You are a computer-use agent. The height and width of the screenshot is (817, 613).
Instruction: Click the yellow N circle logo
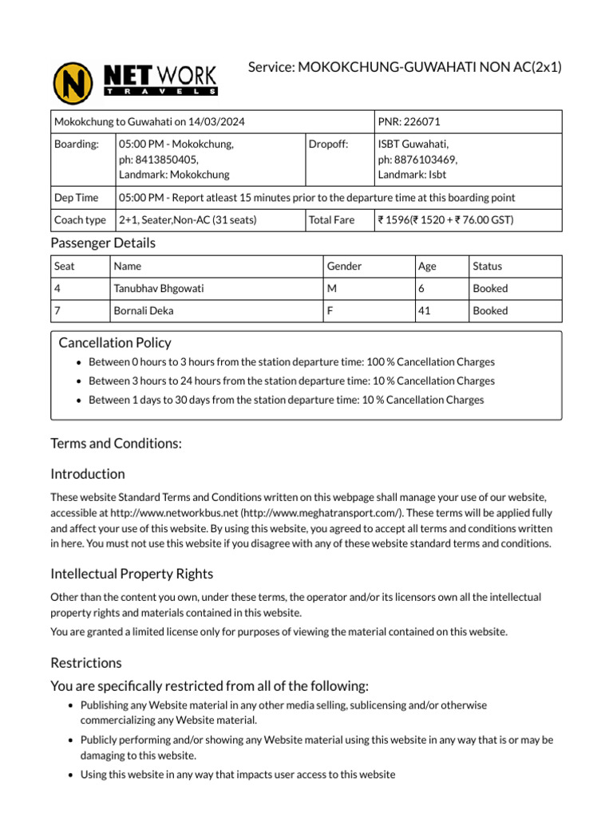click(73, 83)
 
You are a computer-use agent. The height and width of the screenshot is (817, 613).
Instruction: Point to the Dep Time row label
click(76, 198)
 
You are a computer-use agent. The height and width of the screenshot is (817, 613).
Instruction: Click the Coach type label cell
click(80, 220)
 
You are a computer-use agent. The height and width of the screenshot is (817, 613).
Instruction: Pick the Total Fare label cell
click(332, 220)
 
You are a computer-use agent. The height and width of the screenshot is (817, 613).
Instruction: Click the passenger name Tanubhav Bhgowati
click(159, 289)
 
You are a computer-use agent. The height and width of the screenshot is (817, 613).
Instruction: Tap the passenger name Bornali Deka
click(144, 311)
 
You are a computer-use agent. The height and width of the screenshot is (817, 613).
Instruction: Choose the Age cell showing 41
click(425, 311)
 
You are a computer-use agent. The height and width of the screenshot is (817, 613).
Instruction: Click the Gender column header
click(344, 266)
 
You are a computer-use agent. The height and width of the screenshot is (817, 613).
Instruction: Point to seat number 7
click(57, 311)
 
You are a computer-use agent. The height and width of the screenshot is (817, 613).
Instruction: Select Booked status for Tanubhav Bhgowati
click(490, 289)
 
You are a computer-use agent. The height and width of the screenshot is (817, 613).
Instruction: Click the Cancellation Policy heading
click(115, 342)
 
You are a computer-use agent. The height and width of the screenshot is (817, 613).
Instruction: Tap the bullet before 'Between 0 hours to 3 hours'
click(77, 363)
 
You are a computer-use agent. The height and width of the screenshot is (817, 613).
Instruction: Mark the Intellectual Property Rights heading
click(132, 574)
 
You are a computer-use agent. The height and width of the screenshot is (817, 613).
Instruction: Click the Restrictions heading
click(86, 663)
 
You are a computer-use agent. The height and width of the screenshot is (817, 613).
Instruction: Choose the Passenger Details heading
click(103, 243)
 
